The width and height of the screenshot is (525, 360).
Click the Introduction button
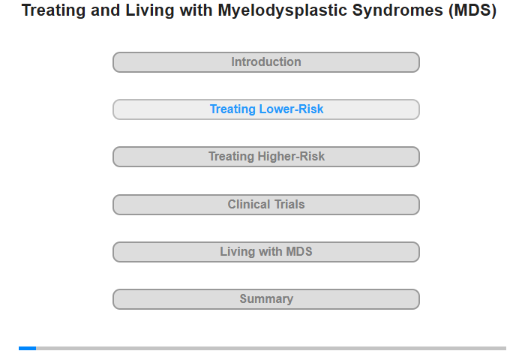point(266,62)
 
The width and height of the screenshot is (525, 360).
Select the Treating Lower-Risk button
point(266,109)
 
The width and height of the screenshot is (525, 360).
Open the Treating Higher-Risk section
point(266,157)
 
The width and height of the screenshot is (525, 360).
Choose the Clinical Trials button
point(266,205)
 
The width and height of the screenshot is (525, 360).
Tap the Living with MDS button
point(266,252)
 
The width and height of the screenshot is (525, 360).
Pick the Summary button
point(266,299)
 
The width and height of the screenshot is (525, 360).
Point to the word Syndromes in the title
point(397,10)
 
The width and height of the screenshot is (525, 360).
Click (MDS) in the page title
point(472,10)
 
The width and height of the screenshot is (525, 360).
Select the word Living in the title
point(150,10)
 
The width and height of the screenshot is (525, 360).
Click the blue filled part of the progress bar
point(28,348)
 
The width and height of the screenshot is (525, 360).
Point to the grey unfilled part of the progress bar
point(271,348)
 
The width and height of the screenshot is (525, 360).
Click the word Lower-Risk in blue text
point(291,109)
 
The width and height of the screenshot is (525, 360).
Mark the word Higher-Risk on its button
point(291,157)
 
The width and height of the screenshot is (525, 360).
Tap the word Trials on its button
point(289,204)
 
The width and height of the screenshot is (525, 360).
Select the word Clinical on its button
point(249,204)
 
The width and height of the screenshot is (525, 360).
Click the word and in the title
point(106,10)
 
